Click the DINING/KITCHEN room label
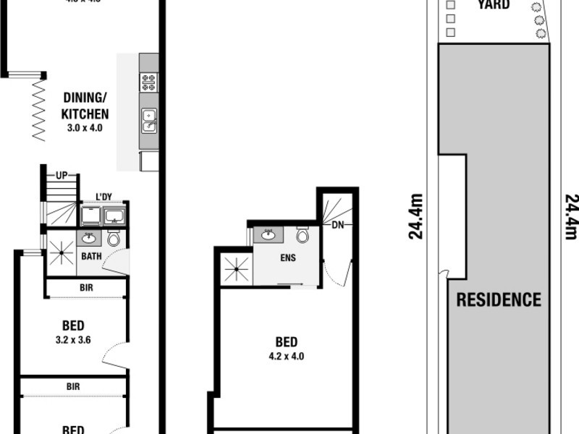point(85,106)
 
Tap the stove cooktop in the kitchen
point(149,82)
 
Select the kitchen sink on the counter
point(149,121)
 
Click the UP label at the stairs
point(62,176)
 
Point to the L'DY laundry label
point(104,196)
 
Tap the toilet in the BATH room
point(113,239)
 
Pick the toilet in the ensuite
point(303,235)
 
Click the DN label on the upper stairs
point(337,225)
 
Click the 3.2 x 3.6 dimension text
point(73,339)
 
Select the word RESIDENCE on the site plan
point(498,299)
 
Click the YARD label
point(494,5)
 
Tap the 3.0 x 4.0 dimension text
point(85,128)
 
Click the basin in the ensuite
point(267,235)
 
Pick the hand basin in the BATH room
point(89,239)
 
